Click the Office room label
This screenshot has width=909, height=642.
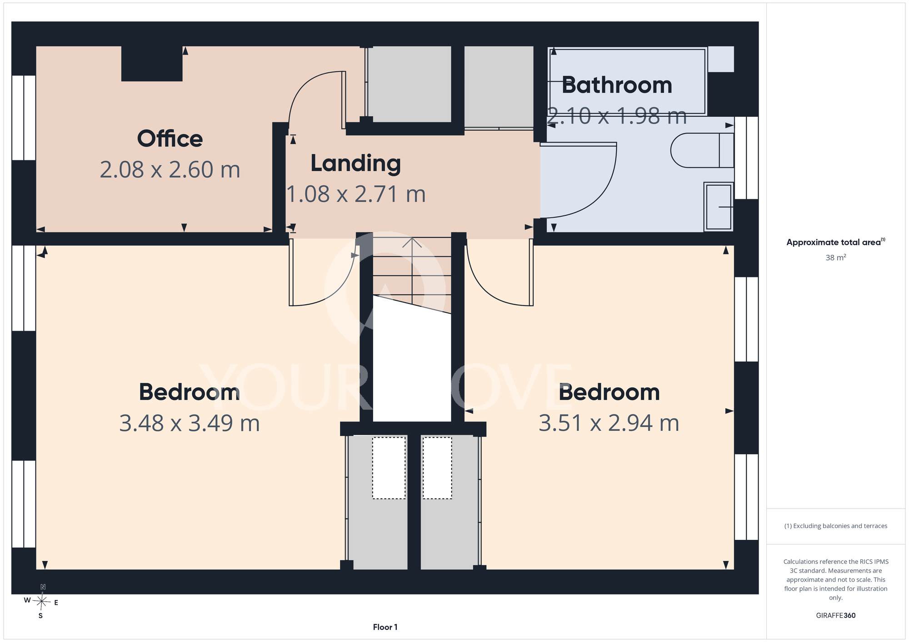click(x=170, y=138)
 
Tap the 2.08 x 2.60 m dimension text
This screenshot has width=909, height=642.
click(x=170, y=170)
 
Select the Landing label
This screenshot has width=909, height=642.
click(x=356, y=164)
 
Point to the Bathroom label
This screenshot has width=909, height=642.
click(x=617, y=85)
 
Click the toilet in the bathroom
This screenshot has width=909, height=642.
click(x=702, y=150)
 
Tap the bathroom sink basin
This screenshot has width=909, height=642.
click(x=719, y=207)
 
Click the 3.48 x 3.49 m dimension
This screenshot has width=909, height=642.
click(x=190, y=423)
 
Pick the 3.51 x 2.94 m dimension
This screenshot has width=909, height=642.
click(x=609, y=423)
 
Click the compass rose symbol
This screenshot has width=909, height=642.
click(x=41, y=602)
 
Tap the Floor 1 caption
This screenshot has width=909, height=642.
click(x=385, y=627)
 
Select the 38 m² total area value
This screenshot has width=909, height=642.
click(x=836, y=257)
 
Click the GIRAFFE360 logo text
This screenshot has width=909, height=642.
click(x=836, y=616)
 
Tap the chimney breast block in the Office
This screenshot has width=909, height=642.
click(x=152, y=64)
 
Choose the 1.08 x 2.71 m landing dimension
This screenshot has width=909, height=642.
click(x=356, y=194)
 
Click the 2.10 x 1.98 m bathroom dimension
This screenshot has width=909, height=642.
click(x=617, y=116)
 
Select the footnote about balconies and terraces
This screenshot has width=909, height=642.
click(x=836, y=526)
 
